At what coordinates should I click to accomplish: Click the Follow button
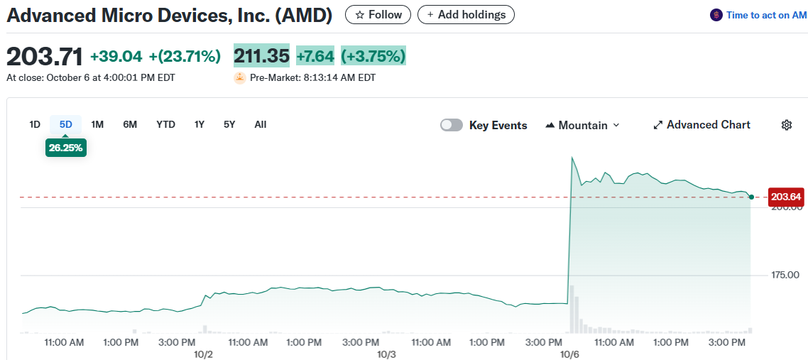tap(378, 15)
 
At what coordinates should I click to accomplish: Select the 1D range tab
tap(35, 124)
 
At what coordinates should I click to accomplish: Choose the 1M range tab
tap(97, 124)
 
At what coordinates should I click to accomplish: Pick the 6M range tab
tap(130, 124)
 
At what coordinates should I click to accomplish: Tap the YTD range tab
tap(165, 124)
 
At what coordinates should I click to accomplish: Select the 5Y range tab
tap(229, 124)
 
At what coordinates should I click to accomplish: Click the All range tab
tap(261, 124)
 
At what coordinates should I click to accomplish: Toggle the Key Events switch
tap(452, 125)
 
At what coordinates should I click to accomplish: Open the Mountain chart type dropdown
tap(582, 125)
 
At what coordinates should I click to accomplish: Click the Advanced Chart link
tap(701, 125)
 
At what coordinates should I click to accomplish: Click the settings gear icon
tap(787, 125)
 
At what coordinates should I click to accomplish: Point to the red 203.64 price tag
tap(785, 197)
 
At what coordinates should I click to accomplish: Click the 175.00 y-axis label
tap(785, 275)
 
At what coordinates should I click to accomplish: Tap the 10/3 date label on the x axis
tap(386, 354)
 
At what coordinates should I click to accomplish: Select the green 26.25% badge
tap(65, 148)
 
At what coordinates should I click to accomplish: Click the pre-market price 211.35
tap(261, 56)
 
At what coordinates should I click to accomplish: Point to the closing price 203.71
tap(45, 56)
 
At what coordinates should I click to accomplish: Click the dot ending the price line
tap(751, 196)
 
